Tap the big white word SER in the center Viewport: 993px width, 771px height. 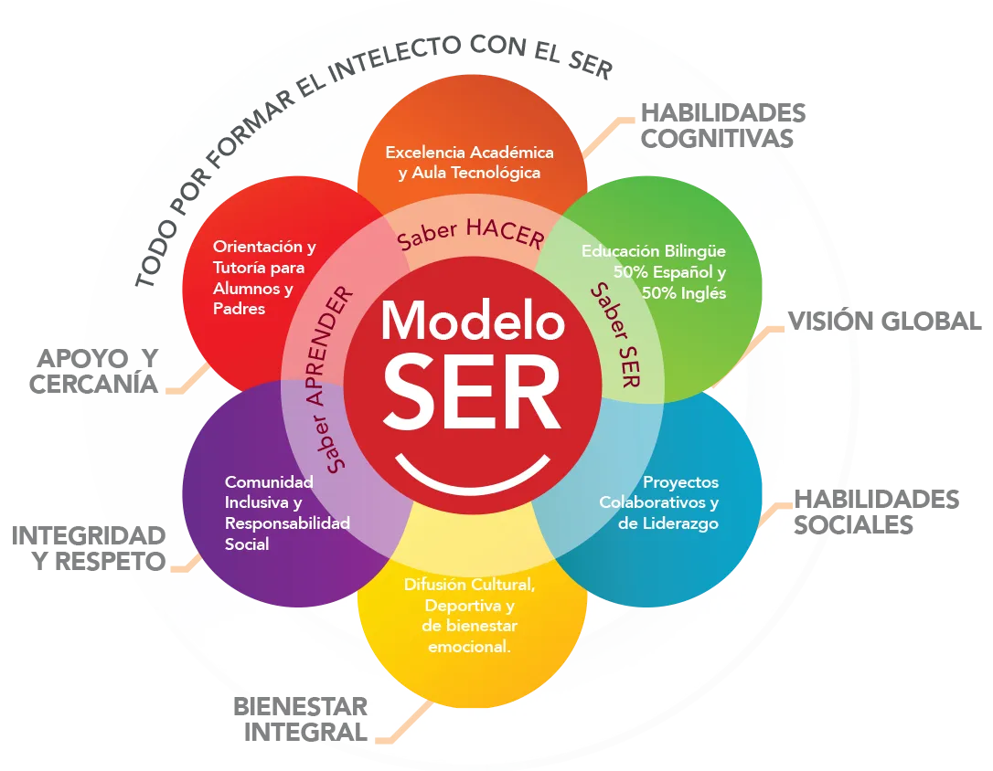click(x=472, y=392)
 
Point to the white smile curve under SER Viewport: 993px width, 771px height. click(x=473, y=476)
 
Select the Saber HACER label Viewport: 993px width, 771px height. click(x=471, y=235)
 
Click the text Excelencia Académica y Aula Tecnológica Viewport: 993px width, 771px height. click(x=470, y=162)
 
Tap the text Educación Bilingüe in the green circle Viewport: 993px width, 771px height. click(x=654, y=251)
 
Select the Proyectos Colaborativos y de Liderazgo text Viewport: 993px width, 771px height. click(x=659, y=502)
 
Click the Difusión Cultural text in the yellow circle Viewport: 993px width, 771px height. click(x=470, y=585)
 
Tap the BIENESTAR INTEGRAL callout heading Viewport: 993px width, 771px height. click(x=303, y=719)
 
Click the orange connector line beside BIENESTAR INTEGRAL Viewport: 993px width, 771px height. click(x=402, y=722)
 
